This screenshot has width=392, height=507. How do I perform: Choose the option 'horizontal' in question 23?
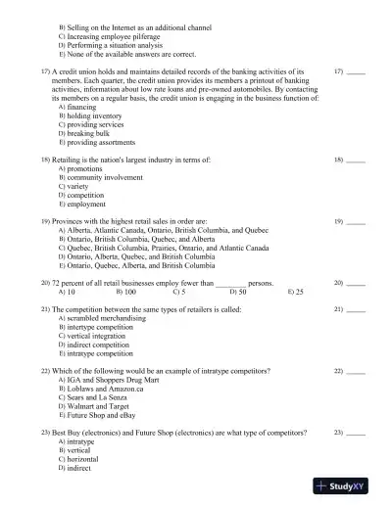point(87,459)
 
